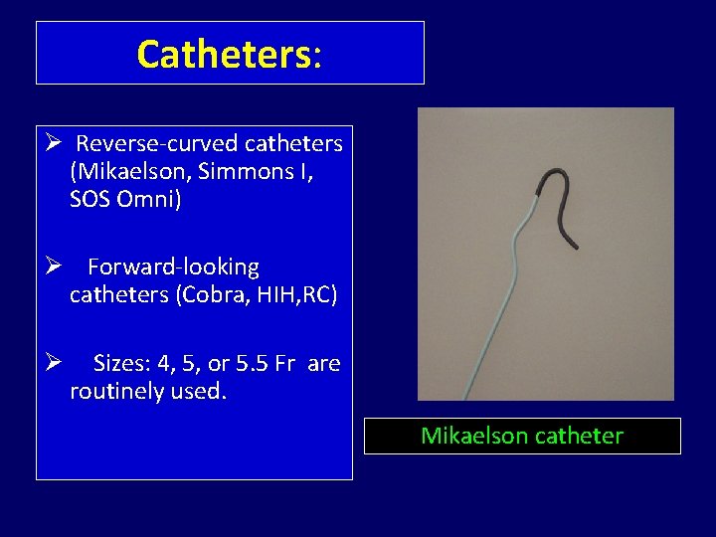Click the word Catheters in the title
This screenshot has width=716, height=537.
[x=223, y=54]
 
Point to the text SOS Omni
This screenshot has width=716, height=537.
[x=125, y=199]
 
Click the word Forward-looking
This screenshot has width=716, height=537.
[x=173, y=268]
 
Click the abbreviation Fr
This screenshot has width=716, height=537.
[x=285, y=364]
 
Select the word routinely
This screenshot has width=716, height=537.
[x=116, y=392]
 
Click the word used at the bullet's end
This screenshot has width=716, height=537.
[x=200, y=392]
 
